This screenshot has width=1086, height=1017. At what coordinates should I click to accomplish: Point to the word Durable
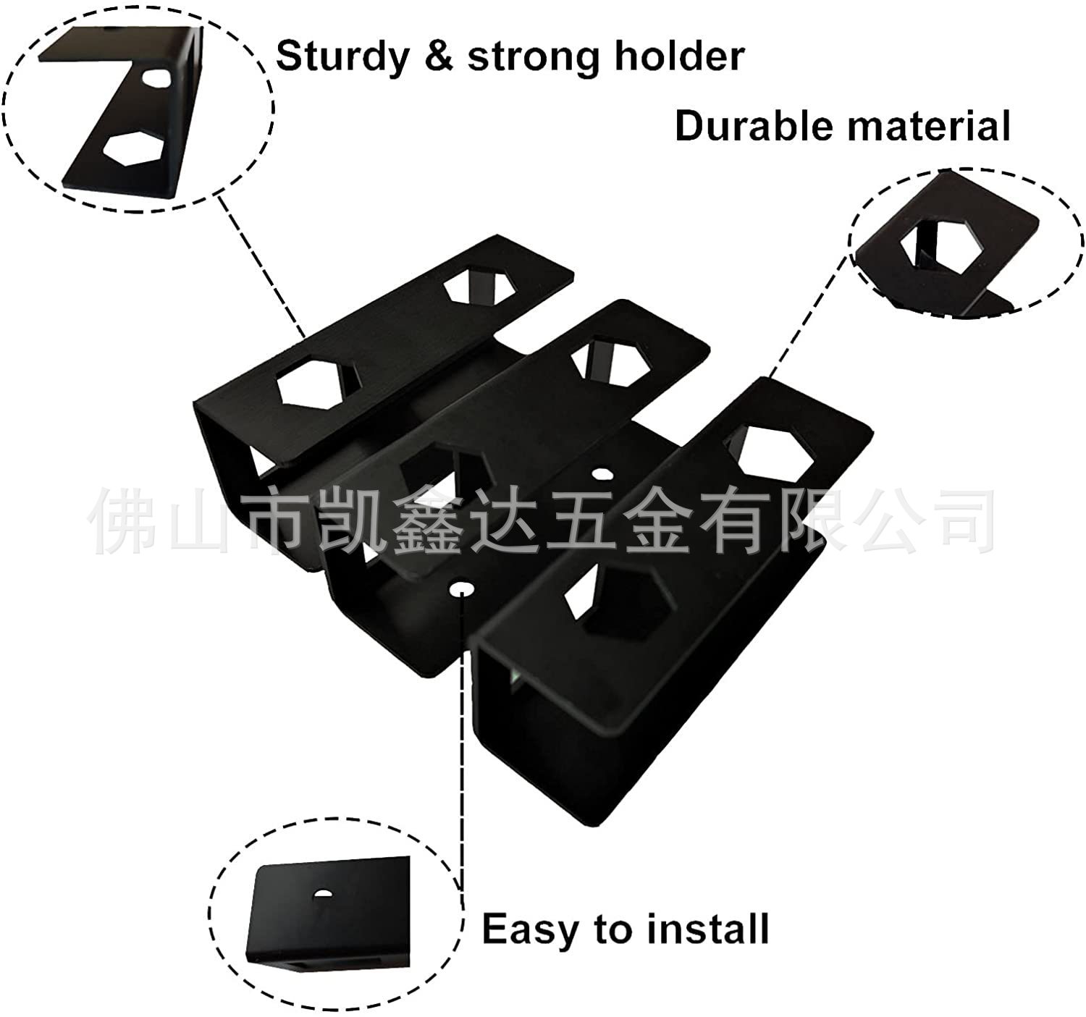pyautogui.click(x=753, y=126)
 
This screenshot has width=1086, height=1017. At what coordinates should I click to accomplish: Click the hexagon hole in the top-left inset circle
pyautogui.click(x=132, y=148)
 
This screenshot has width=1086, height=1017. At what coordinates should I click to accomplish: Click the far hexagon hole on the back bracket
pyautogui.click(x=480, y=284)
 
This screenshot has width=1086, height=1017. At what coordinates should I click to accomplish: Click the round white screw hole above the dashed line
pyautogui.click(x=461, y=590)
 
